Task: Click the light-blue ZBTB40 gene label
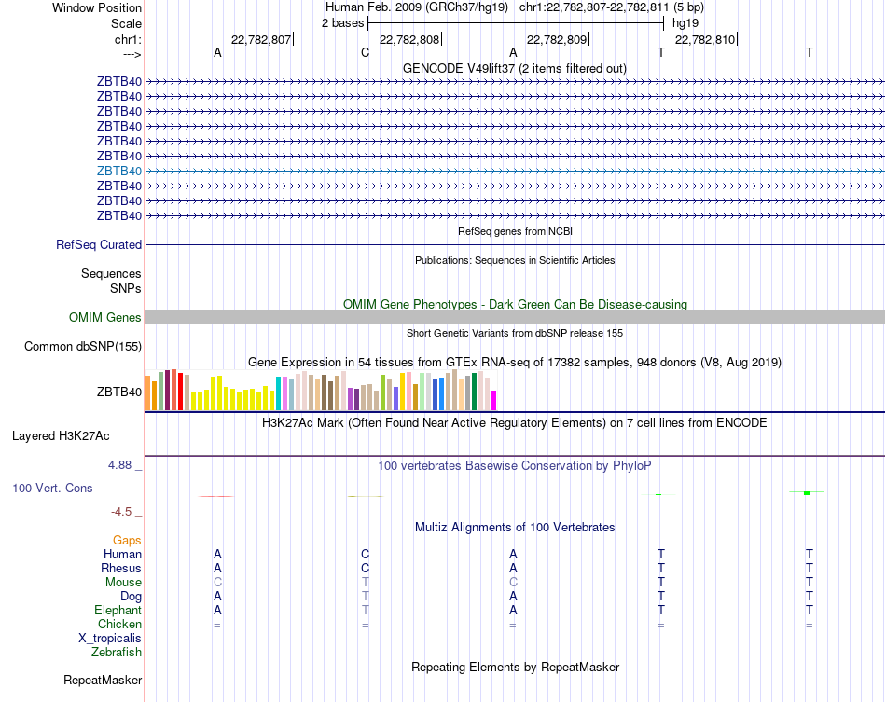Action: point(119,171)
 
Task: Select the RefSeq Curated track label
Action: point(99,244)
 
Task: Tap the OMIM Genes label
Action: point(105,318)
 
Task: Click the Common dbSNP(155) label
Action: point(82,347)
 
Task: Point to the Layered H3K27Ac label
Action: point(61,435)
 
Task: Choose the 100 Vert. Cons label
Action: point(52,488)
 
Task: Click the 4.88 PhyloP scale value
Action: point(121,464)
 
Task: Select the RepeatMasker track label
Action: point(103,681)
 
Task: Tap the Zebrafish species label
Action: point(117,653)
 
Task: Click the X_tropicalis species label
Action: point(110,638)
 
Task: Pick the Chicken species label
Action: point(119,624)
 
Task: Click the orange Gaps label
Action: point(127,540)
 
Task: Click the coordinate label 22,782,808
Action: point(409,39)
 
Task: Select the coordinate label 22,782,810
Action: point(705,39)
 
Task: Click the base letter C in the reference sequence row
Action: point(365,52)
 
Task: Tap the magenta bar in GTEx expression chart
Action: point(493,399)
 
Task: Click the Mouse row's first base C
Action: point(217,582)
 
